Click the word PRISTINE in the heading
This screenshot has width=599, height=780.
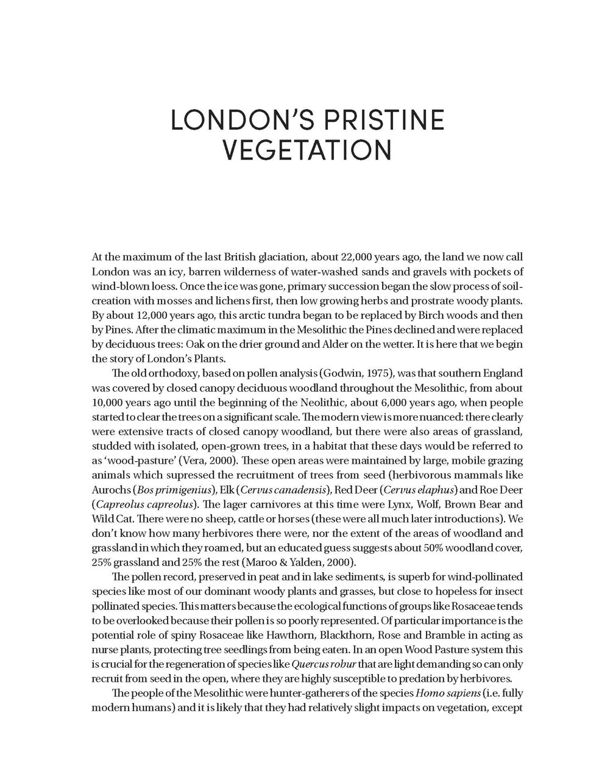pos(384,121)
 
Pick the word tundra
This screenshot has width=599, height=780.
pos(252,316)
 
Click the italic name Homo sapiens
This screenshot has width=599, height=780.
pos(448,693)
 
